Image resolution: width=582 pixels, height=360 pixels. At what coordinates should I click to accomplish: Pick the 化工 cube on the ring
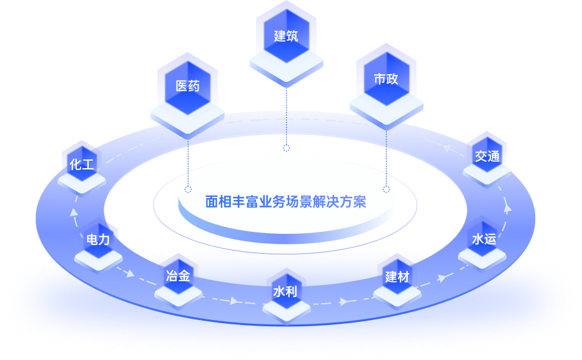click(82, 165)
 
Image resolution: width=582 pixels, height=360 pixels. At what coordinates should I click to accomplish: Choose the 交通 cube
click(487, 156)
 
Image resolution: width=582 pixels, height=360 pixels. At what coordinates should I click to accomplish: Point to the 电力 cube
click(98, 239)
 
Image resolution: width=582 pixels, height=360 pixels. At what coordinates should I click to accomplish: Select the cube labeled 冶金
click(179, 276)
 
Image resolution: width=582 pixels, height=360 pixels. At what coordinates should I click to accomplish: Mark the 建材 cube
click(397, 277)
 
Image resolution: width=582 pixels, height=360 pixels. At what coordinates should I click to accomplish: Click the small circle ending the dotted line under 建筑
click(287, 148)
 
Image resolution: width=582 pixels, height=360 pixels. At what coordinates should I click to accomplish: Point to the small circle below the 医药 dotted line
click(188, 188)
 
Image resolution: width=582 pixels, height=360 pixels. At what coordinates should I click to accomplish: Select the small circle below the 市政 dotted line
click(386, 188)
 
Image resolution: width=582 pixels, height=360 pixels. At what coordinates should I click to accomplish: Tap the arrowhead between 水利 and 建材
click(343, 302)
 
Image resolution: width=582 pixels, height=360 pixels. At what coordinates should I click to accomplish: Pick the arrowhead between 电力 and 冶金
click(130, 274)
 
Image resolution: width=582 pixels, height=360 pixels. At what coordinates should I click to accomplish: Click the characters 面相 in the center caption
click(219, 202)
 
